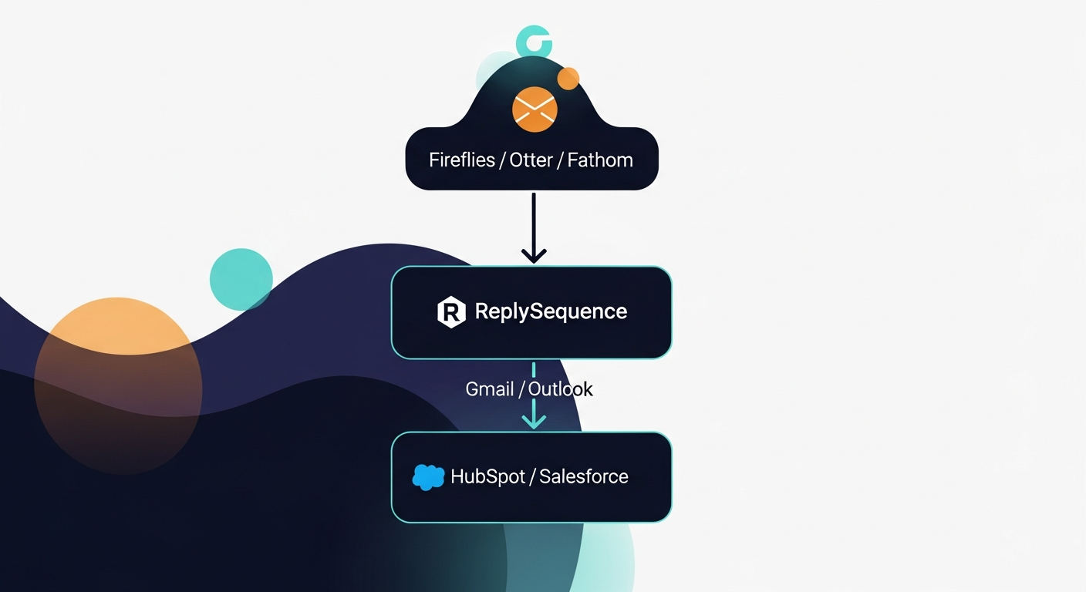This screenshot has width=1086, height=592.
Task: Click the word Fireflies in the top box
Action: [461, 160]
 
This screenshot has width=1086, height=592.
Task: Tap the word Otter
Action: [531, 160]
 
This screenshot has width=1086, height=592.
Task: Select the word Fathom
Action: [599, 160]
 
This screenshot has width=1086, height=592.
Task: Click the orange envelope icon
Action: [534, 109]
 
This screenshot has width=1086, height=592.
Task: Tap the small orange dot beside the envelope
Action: [568, 78]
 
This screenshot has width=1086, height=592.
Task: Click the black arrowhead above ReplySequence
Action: [534, 254]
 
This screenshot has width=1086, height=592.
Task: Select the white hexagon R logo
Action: [451, 312]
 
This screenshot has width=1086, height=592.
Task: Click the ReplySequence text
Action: [551, 311]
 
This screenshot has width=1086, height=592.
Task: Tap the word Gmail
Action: [489, 389]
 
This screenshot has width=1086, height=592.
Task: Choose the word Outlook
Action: [561, 389]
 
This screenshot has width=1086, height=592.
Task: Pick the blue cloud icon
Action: [428, 477]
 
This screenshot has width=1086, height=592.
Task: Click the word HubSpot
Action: [487, 477]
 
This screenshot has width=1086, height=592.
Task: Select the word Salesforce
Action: [583, 477]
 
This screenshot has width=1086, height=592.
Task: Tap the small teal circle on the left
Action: [241, 279]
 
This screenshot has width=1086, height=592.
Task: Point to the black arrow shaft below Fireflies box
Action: [534, 220]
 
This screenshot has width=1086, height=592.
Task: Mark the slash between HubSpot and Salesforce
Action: [532, 477]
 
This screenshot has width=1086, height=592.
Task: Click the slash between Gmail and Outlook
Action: [521, 389]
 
